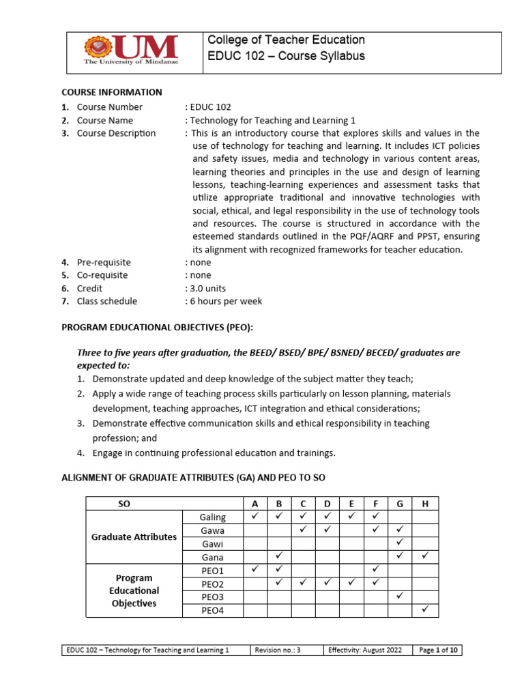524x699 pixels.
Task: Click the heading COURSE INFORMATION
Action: [x=112, y=92]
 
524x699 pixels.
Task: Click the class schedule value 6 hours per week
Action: [x=225, y=301]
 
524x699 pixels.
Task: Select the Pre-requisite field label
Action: [x=104, y=262]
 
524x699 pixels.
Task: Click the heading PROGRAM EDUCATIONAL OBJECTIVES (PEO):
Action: [x=158, y=328]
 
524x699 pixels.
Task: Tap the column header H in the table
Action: [x=425, y=504]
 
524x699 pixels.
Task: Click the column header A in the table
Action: [x=255, y=504]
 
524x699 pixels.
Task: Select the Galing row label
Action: [x=212, y=517]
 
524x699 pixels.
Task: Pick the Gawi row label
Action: [x=212, y=543]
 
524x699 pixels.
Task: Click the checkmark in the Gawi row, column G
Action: [x=401, y=543]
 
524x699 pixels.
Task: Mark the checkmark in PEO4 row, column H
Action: [x=425, y=610]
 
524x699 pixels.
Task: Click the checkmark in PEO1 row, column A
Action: [x=255, y=569]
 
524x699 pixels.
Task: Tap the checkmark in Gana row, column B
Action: [x=279, y=556]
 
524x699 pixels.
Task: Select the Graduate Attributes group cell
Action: [x=134, y=537]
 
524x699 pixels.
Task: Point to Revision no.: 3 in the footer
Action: [x=278, y=651]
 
